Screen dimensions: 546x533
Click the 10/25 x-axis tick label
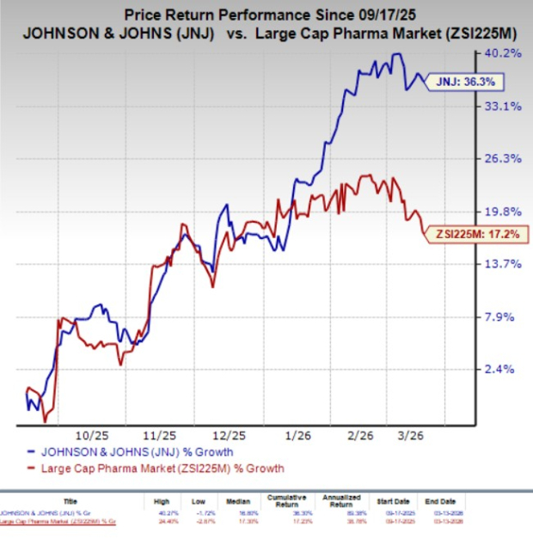[89, 434]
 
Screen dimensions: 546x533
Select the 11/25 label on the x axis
[160, 434]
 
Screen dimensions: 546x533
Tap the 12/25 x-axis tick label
[227, 434]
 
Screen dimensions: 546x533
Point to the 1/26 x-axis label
[297, 434]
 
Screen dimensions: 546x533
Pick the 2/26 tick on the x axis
[365, 434]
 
